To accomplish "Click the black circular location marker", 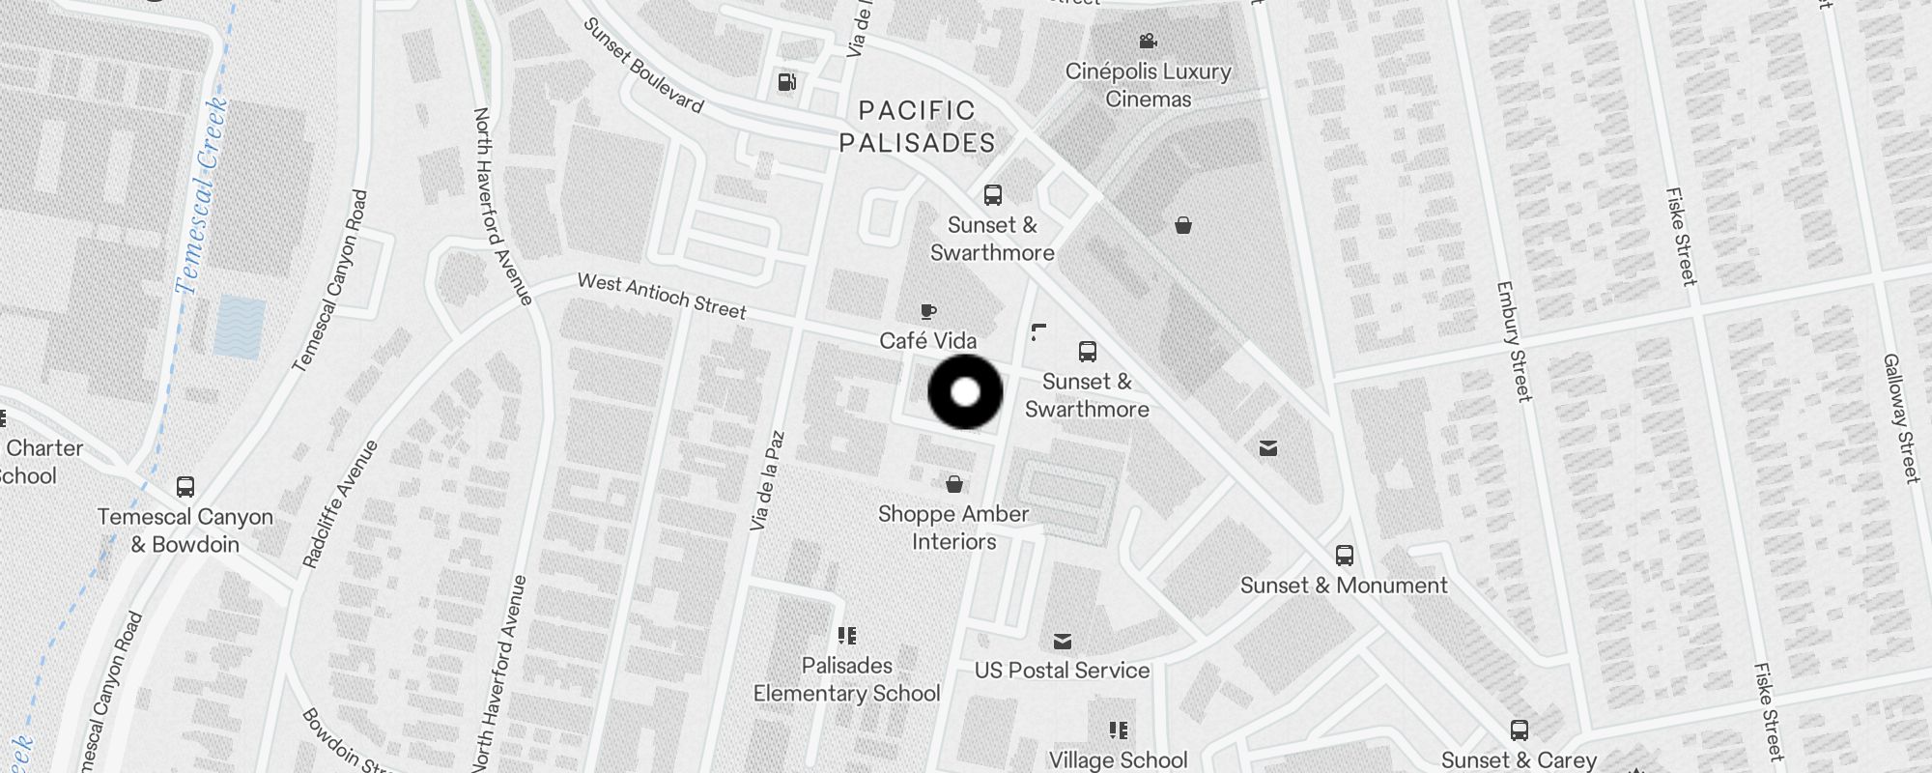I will tap(965, 392).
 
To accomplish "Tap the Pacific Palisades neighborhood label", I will tap(917, 127).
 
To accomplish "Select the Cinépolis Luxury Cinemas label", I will tap(1148, 85).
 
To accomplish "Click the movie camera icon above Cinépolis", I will tap(1148, 42).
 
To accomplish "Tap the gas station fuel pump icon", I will tap(787, 82).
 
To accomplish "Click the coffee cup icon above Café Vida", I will tap(927, 311).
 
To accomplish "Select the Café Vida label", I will tap(927, 340).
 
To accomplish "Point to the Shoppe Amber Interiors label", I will tap(953, 528).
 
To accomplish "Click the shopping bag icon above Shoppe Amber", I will tap(954, 484).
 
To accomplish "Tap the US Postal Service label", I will tap(1062, 671).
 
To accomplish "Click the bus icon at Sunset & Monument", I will tap(1344, 556).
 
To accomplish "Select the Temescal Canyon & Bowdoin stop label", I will tap(185, 530).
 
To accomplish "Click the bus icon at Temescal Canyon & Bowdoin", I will tap(185, 487).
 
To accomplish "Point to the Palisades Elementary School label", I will tap(846, 679).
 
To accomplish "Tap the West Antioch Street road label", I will tap(662, 296).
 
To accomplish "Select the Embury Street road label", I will tap(1513, 340).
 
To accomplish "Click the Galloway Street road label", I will tap(1899, 417).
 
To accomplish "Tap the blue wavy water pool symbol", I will tap(240, 328).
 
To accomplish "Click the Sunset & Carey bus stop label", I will tap(1519, 760).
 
